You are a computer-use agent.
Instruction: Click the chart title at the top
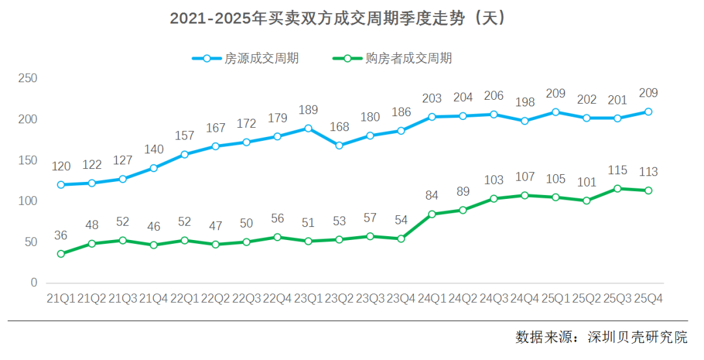tap(338, 19)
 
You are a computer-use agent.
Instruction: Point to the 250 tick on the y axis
tap(27, 78)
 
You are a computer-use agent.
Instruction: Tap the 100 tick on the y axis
tap(27, 201)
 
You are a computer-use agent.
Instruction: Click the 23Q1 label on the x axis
tap(308, 299)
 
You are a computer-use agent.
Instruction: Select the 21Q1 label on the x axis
tap(61, 299)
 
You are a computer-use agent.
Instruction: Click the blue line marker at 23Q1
tap(308, 128)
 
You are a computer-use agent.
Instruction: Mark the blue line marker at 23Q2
tap(339, 145)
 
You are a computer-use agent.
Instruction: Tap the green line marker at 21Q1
tap(61, 254)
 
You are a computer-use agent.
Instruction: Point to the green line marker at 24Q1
tap(432, 214)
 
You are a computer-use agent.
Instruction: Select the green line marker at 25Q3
tap(617, 188)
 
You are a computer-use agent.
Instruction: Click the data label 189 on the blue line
tap(308, 110)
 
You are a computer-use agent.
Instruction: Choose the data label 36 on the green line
tap(61, 235)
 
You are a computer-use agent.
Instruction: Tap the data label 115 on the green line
tap(617, 170)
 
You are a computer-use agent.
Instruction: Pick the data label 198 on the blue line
tap(524, 102)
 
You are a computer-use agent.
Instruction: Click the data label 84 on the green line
tap(432, 196)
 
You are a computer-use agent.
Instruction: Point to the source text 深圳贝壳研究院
tap(637, 338)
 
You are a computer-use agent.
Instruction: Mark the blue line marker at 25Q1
tap(555, 112)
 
